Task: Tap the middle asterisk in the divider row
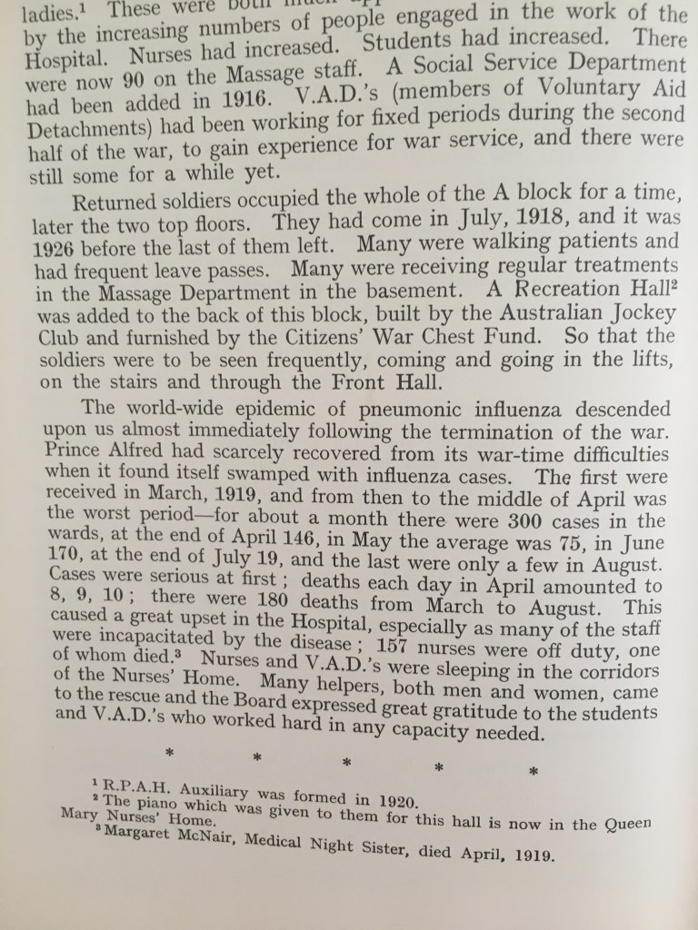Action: coord(346,761)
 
